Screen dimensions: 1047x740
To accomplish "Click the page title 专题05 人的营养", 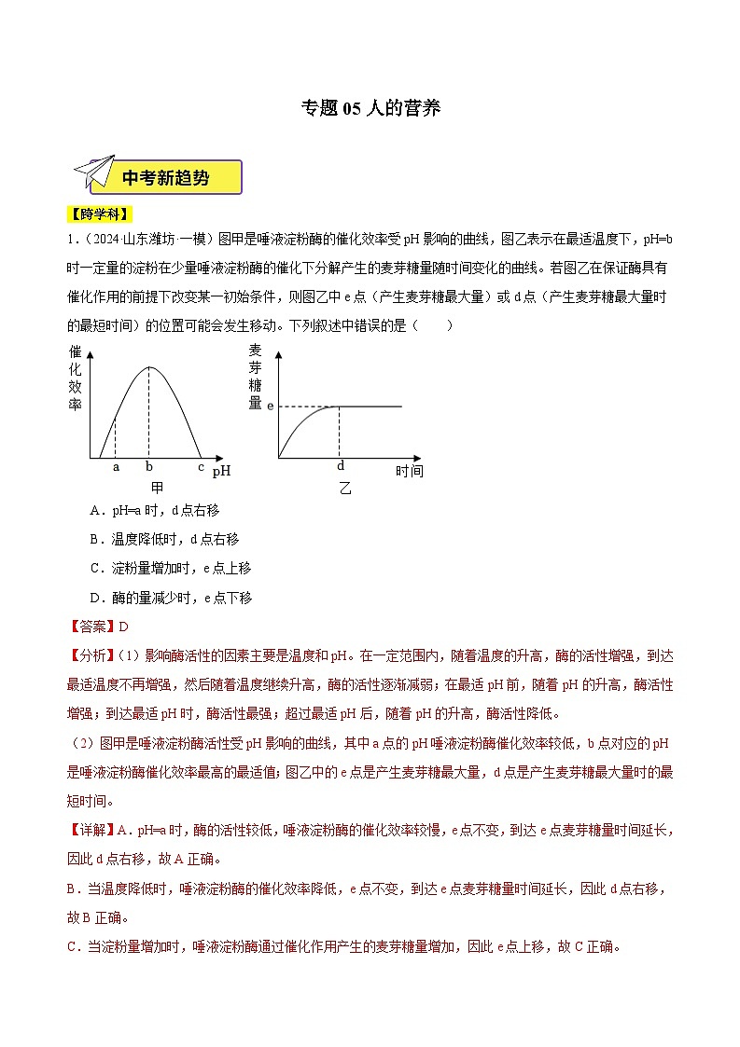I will tap(370, 108).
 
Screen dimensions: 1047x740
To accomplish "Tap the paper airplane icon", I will tap(93, 174).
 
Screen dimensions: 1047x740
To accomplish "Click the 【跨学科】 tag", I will tap(99, 214).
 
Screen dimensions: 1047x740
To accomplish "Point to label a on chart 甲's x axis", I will tap(116, 467).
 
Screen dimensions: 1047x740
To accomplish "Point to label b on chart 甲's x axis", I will tap(149, 467).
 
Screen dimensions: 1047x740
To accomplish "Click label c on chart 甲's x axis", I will tap(200, 467).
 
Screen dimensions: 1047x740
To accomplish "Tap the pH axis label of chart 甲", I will tap(221, 472).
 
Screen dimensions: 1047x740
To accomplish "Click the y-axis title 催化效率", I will tap(76, 379).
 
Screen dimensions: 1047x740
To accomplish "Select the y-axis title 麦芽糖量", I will tap(255, 377).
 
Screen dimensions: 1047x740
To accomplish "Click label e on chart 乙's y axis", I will tap(270, 406).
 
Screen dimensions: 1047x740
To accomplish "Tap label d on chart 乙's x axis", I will tap(340, 466).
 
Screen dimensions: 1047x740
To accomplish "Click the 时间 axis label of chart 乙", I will tap(409, 472).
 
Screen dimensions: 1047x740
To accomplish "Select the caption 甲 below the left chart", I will tap(157, 488).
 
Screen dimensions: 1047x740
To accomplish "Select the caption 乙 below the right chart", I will tap(345, 488).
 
